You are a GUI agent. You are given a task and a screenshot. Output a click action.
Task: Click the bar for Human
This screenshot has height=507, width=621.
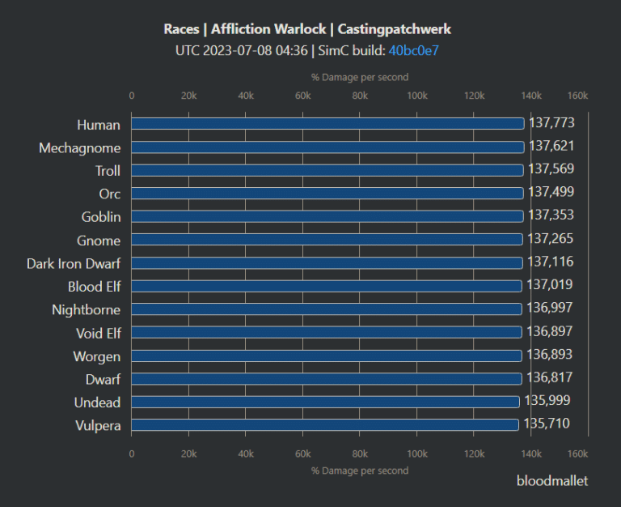[x=327, y=124]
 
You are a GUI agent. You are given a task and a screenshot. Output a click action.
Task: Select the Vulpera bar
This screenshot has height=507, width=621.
[x=324, y=424]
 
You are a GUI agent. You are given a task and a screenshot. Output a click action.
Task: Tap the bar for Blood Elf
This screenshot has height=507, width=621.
[x=326, y=286]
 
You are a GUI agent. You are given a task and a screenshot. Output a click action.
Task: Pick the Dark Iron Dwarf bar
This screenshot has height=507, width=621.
[x=327, y=263]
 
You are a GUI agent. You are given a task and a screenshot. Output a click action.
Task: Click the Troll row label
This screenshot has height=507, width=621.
[x=108, y=171]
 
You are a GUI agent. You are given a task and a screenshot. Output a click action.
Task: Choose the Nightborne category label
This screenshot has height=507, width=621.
[x=86, y=309]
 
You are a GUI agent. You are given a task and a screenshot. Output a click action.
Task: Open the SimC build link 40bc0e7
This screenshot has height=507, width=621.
[x=413, y=50]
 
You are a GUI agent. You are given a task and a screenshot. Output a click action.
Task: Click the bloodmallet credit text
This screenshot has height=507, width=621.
[x=552, y=480]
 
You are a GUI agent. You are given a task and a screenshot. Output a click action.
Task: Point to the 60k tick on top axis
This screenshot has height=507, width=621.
[x=303, y=96]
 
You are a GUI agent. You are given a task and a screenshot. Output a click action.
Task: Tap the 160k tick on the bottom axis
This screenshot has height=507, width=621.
[x=577, y=454]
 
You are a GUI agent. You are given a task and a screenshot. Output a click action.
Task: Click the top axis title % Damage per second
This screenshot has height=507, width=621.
[x=360, y=77]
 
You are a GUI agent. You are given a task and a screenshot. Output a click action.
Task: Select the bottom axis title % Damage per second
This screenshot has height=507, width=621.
[x=360, y=471]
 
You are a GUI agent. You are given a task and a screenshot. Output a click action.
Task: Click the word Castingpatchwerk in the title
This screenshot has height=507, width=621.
[x=395, y=29]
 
